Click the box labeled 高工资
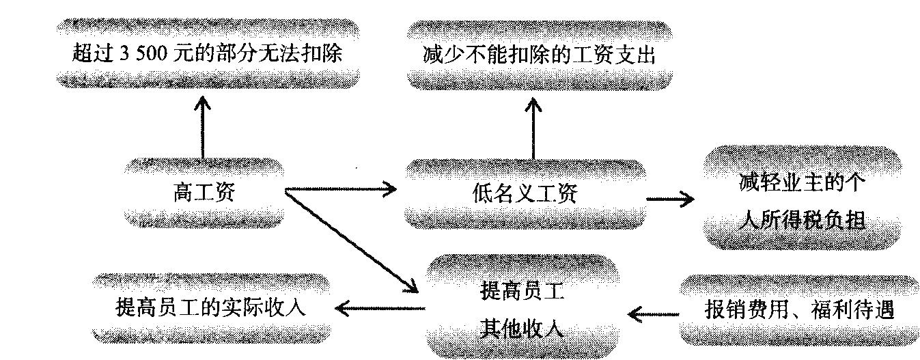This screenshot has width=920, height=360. [x=204, y=193]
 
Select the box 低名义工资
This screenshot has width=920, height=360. [x=525, y=193]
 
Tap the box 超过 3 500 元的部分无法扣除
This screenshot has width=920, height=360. [x=206, y=54]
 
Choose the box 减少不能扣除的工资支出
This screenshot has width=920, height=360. [x=539, y=55]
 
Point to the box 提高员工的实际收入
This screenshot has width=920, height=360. [x=210, y=308]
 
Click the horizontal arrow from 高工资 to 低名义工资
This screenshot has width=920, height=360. [x=340, y=189]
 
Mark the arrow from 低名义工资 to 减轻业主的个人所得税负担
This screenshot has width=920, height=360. [x=669, y=199]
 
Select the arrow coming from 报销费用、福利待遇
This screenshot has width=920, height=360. [x=654, y=314]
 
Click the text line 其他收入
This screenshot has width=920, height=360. [x=520, y=329]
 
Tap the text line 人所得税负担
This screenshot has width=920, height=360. [x=803, y=220]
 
